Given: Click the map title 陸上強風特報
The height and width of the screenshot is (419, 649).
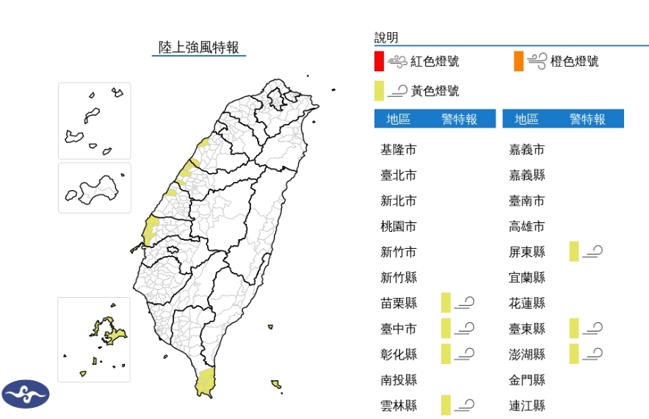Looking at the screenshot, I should tap(199, 48).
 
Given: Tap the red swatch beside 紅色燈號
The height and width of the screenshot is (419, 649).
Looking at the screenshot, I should tap(378, 62).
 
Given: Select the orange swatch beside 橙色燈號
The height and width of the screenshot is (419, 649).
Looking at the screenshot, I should tap(519, 62).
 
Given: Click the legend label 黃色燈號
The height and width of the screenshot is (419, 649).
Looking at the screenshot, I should tap(435, 91).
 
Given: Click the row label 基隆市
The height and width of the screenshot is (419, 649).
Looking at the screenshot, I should tap(399, 150).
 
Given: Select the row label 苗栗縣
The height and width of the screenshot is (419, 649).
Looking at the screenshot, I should tap(399, 303).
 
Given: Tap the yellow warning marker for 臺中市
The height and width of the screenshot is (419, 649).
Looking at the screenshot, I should tap(445, 328).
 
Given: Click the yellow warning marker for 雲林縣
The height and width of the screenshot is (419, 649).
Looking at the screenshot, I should tap(445, 405).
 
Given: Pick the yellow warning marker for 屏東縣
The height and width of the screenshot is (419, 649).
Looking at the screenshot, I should tap(573, 252).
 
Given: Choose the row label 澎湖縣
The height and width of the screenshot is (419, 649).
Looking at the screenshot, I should tap(527, 354).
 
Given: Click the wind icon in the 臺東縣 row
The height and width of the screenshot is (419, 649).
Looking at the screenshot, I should tap(593, 328).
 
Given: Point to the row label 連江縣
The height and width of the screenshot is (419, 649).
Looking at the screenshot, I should tap(527, 405).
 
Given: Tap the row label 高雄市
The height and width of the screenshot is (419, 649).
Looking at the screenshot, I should tap(527, 227).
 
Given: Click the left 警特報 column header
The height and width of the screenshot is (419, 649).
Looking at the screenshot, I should tap(460, 120).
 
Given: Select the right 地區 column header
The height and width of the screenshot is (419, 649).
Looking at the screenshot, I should tap(526, 120).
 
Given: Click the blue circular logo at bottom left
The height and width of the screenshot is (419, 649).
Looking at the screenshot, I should tap(26, 394).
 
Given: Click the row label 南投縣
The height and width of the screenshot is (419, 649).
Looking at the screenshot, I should tap(399, 380).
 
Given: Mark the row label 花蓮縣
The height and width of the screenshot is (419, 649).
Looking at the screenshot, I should tap(527, 303).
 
